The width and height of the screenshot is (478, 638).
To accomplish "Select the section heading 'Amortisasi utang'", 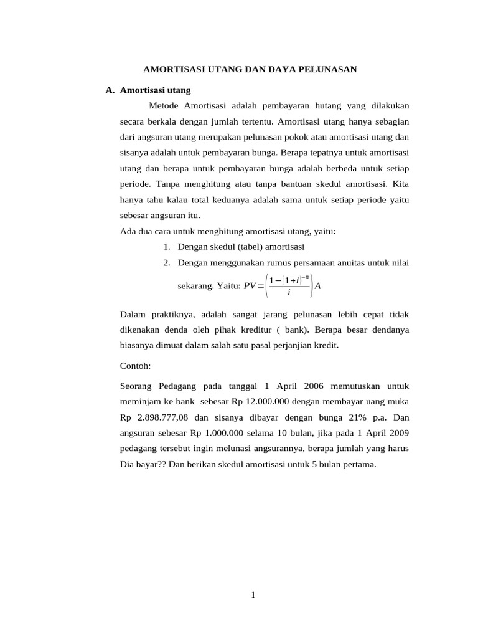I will coord(155,90).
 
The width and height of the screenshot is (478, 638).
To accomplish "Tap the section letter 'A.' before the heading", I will coord(110,90).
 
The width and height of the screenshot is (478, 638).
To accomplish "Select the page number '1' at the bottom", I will coord(253,595).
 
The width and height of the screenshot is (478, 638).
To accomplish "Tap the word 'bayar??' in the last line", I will coord(151,464).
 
